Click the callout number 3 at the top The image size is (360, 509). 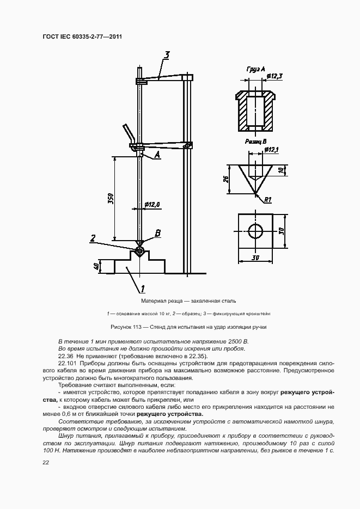(x=167, y=55)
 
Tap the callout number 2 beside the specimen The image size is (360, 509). (x=93, y=238)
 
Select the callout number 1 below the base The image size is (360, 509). (x=143, y=288)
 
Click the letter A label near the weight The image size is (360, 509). (x=157, y=155)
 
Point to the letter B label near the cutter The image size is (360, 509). (x=158, y=233)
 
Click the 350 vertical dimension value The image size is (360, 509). (x=110, y=198)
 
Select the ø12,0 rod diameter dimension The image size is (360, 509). (x=153, y=205)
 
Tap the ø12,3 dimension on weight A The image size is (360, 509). (x=274, y=76)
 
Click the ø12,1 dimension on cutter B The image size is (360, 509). (x=272, y=150)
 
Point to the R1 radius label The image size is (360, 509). (x=267, y=200)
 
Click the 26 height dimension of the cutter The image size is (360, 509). (x=226, y=180)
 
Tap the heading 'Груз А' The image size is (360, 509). (x=256, y=69)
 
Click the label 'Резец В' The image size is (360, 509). (x=256, y=142)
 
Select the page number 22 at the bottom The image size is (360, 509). (x=46, y=463)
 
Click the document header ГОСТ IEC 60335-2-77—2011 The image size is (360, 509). (x=82, y=36)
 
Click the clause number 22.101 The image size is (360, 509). (x=68, y=363)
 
